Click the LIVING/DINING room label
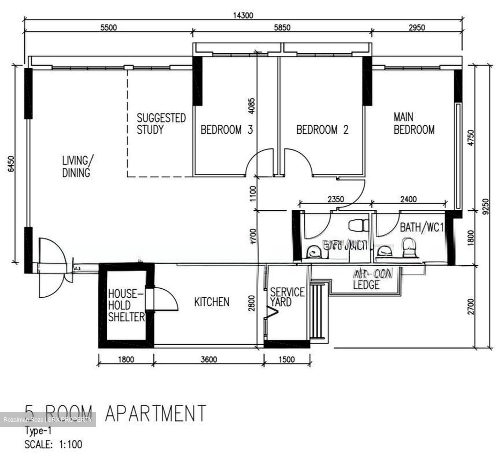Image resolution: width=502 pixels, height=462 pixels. (x=76, y=166)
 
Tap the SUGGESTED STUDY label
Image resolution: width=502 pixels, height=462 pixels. (x=161, y=124)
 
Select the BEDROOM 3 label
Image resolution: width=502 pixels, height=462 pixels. (x=226, y=130)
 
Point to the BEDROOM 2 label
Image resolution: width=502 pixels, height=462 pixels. (x=322, y=130)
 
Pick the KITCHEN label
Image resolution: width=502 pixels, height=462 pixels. (x=212, y=302)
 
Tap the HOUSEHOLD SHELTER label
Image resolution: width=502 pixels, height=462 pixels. (x=126, y=305)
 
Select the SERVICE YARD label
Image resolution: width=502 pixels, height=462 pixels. (x=287, y=297)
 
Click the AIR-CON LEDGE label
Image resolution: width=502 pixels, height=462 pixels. (x=372, y=280)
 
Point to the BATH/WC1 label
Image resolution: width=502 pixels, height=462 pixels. (x=421, y=228)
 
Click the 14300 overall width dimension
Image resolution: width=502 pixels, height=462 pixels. (x=243, y=15)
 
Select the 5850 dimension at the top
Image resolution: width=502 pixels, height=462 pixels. (x=282, y=28)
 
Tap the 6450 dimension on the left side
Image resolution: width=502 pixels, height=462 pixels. (x=12, y=164)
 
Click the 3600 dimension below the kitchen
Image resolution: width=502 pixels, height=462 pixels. (x=209, y=359)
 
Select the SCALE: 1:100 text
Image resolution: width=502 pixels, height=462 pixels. (x=53, y=444)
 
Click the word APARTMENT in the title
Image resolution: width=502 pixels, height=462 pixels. (x=155, y=413)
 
